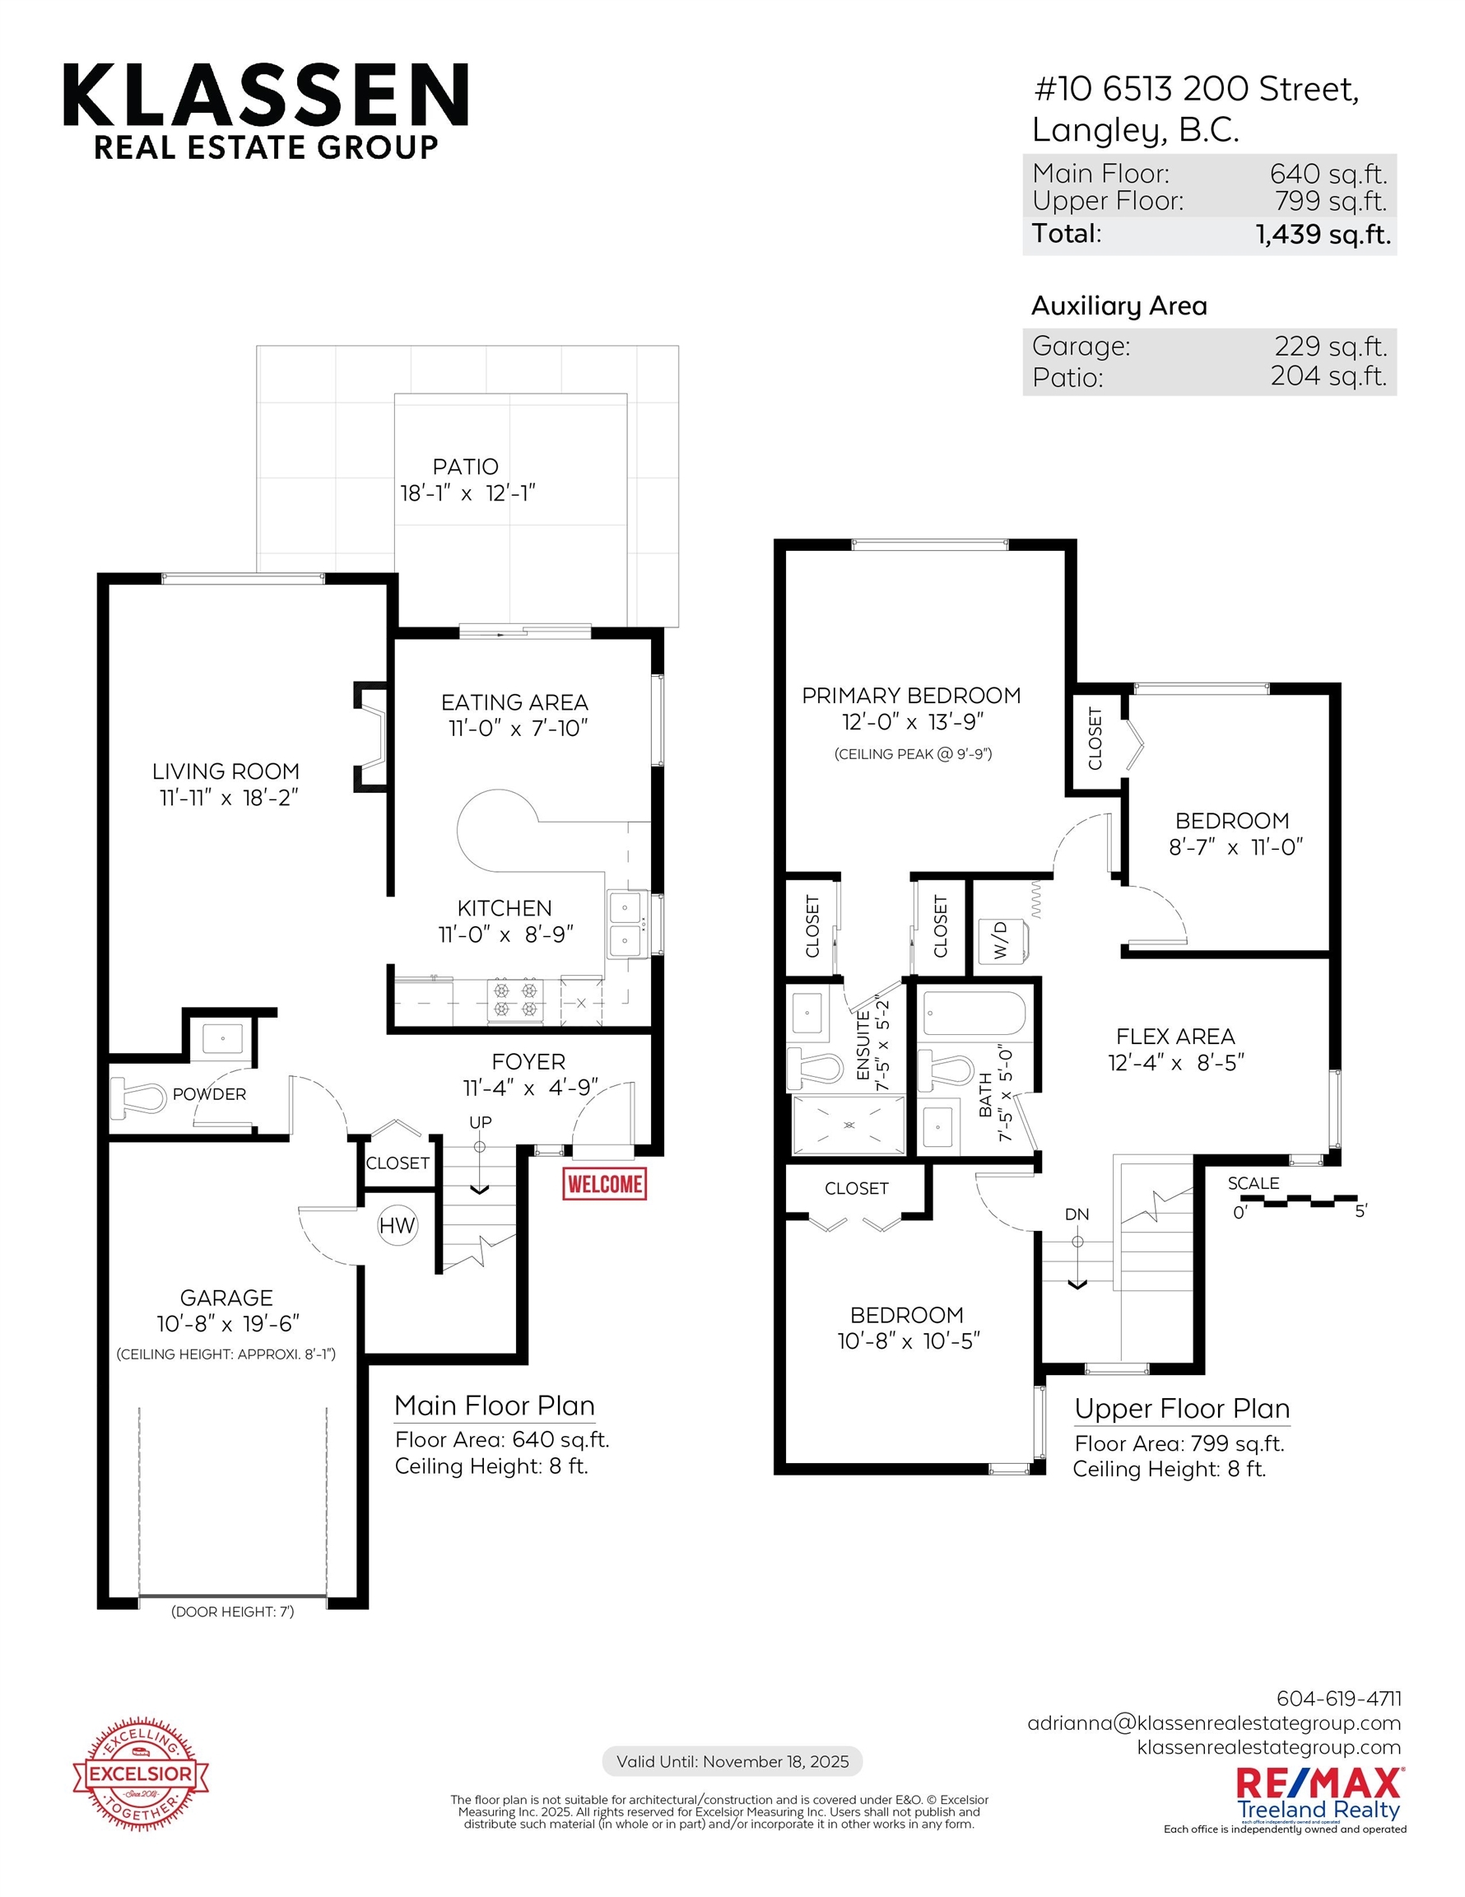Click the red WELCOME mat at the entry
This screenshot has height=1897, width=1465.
tap(604, 1184)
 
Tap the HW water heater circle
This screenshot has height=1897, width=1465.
tap(397, 1226)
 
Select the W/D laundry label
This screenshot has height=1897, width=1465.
tap(1001, 939)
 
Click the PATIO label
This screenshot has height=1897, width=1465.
tap(466, 467)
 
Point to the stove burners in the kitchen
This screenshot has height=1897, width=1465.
tap(515, 998)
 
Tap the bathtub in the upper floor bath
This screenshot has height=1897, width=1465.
tap(974, 1014)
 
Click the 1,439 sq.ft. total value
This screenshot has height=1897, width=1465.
tap(1323, 234)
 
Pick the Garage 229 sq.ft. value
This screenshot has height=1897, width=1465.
tap(1330, 347)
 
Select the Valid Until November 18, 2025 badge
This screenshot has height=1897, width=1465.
tap(732, 1761)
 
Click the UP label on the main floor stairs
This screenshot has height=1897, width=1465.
tap(480, 1122)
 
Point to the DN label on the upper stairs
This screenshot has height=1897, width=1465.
tap(1077, 1214)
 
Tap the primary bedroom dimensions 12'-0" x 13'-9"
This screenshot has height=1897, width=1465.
tap(912, 722)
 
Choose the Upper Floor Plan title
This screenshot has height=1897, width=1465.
tap(1182, 1408)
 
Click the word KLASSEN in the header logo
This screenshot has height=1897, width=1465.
tap(266, 95)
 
